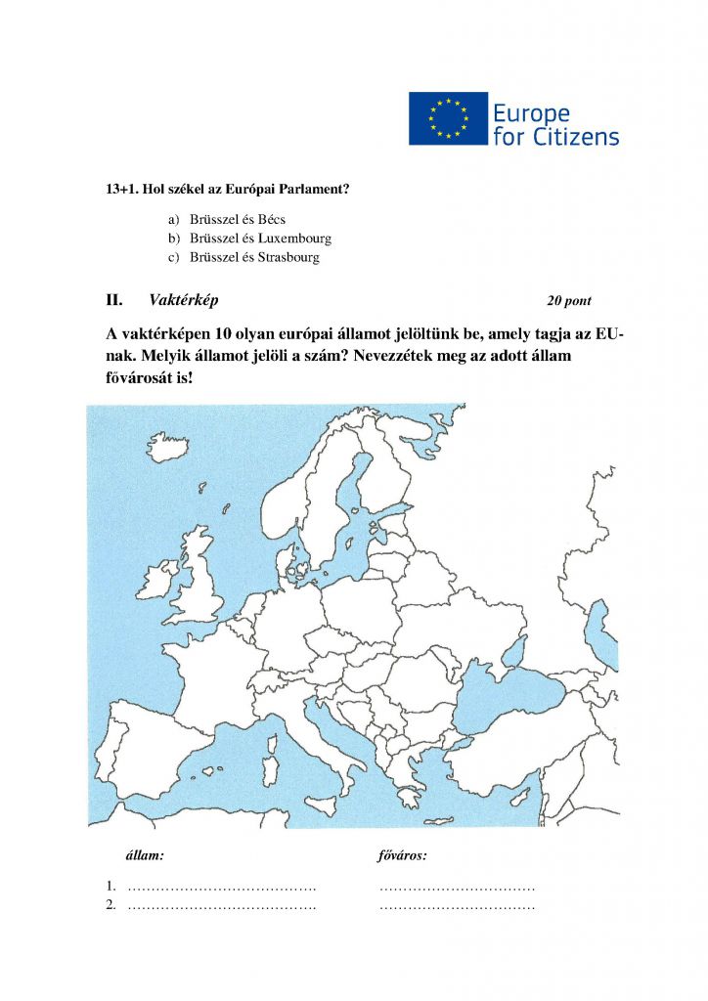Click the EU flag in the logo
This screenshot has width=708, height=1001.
[448, 118]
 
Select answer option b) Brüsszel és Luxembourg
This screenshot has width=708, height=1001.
[260, 239]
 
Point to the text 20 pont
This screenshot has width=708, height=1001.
[569, 301]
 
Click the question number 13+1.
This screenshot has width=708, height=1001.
[122, 189]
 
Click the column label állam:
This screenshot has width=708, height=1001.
[146, 855]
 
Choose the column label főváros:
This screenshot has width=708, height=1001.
[402, 855]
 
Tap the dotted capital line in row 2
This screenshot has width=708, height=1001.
[457, 907]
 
